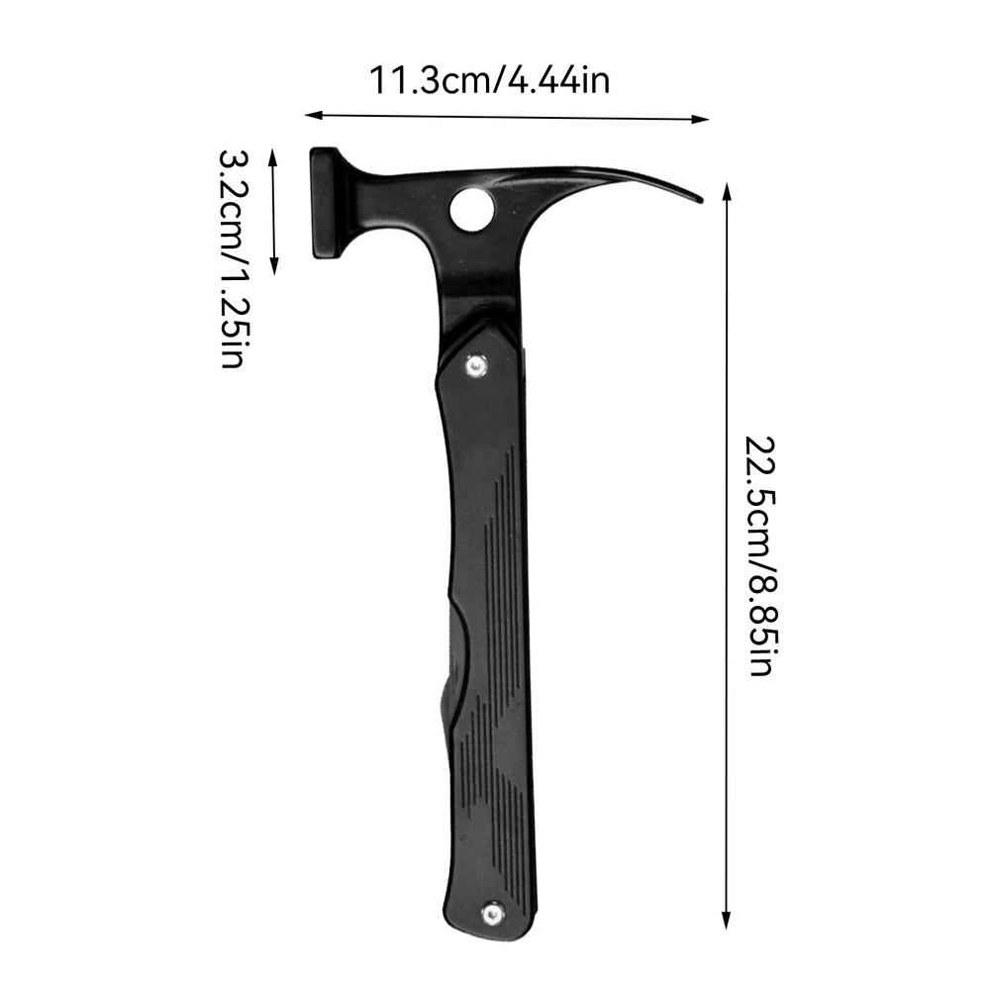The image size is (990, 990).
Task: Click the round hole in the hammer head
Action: click(471, 208)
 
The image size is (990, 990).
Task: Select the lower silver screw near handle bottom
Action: click(489, 913)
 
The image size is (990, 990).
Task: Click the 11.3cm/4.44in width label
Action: click(490, 79)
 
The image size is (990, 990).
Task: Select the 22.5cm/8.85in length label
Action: click(760, 554)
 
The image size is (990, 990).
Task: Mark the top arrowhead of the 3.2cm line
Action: click(275, 152)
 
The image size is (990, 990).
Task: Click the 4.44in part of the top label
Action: click(558, 79)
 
